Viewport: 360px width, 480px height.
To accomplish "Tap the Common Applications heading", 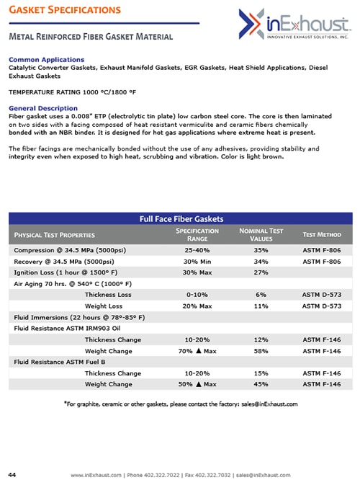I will click(46, 59).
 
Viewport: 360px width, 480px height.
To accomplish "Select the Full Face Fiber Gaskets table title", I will click(181, 218).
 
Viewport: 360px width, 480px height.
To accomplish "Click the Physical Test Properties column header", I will click(56, 234).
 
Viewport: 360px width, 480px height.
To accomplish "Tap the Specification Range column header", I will click(197, 234).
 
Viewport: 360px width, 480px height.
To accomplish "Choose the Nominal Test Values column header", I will click(261, 234).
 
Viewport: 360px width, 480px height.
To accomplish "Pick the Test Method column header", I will click(322, 234).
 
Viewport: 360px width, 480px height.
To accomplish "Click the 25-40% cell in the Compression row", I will click(197, 249).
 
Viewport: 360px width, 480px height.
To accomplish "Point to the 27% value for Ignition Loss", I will click(261, 272).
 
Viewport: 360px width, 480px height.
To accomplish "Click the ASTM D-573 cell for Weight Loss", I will click(322, 306).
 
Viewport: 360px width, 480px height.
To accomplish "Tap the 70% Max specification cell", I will click(197, 350).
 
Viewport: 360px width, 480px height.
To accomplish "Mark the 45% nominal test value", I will click(261, 384).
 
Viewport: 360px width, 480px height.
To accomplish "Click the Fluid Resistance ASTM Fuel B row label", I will click(60, 362).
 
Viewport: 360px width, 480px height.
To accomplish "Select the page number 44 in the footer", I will click(12, 474).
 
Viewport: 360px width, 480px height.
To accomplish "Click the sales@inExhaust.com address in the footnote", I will click(268, 404).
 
